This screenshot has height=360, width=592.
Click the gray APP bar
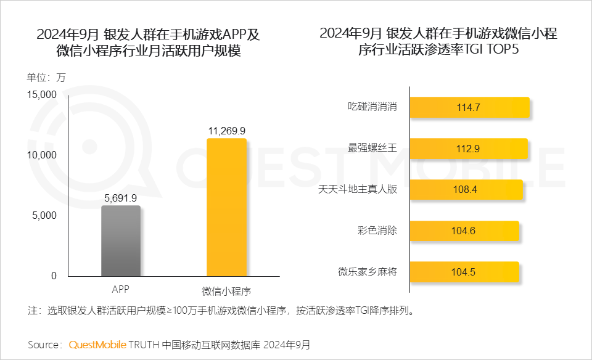click(121, 241)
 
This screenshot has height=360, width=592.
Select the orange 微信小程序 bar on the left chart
click(226, 208)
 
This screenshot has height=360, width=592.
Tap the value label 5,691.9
click(121, 198)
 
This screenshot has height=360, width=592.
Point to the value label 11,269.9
click(227, 131)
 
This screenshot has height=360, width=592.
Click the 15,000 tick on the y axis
click(41, 94)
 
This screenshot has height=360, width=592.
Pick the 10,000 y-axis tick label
click(41, 155)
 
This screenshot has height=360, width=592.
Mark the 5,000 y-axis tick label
click(44, 215)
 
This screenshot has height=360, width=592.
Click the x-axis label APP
click(121, 288)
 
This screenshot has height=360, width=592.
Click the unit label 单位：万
click(45, 78)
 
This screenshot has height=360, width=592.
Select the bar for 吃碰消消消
click(469, 107)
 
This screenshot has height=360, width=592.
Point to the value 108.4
click(465, 189)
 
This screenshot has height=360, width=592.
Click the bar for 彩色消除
click(464, 231)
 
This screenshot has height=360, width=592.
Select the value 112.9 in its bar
click(468, 149)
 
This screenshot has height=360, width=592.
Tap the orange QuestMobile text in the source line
click(97, 344)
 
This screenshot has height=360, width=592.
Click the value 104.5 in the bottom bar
click(464, 272)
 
